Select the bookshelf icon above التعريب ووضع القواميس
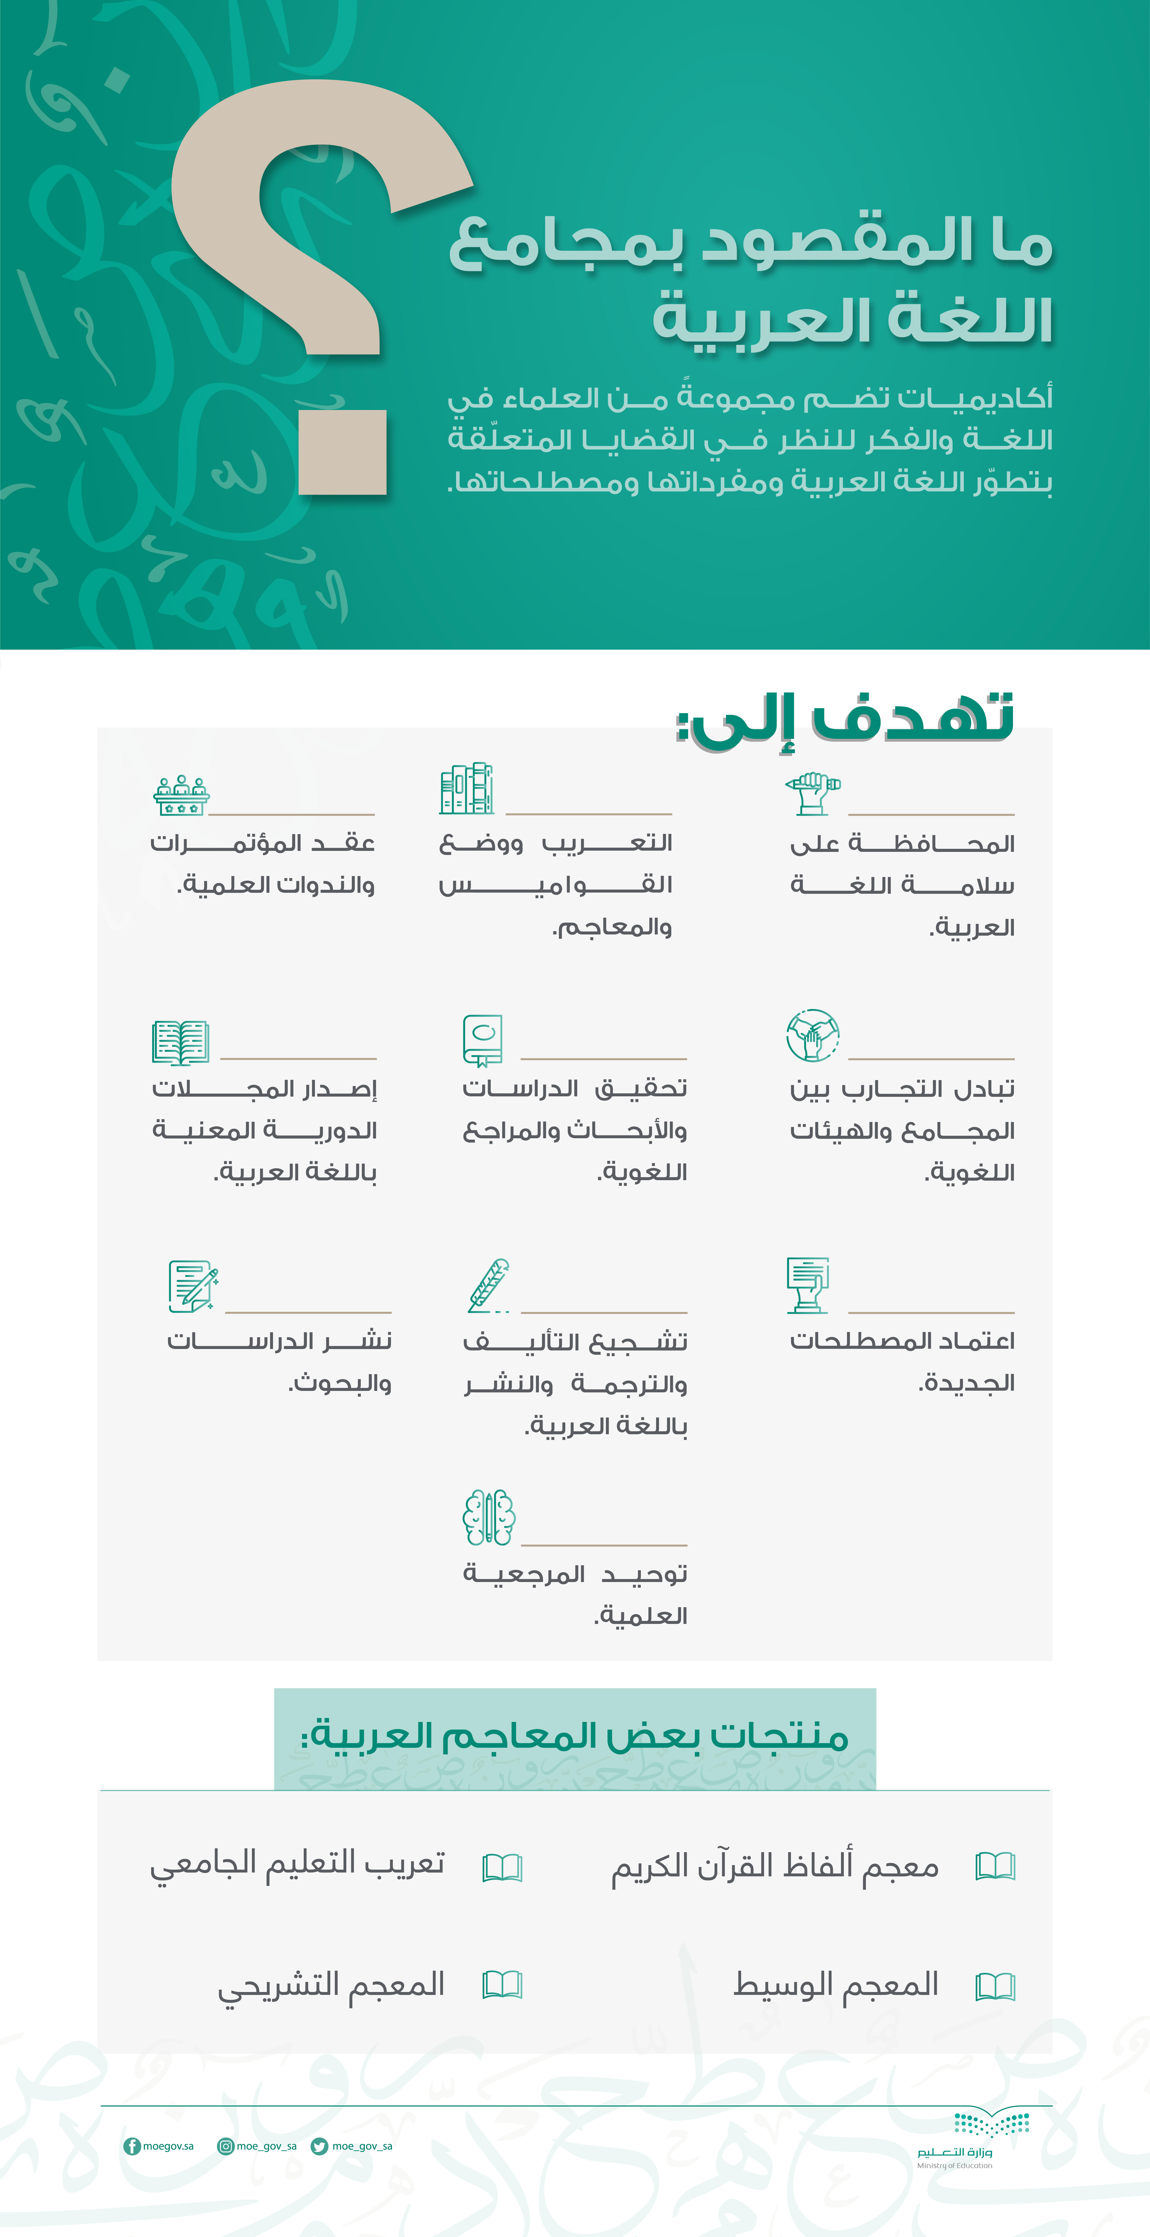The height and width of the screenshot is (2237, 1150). [x=466, y=789]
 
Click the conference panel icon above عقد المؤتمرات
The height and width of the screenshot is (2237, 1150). [x=181, y=795]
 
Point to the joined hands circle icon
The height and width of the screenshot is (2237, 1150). [x=812, y=1035]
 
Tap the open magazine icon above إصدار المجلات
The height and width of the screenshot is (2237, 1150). [x=180, y=1042]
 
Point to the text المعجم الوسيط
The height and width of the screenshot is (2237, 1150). [x=835, y=1984]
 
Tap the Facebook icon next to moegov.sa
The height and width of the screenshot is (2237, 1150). [x=132, y=2146]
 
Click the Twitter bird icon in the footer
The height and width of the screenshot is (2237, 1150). [x=320, y=2146]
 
